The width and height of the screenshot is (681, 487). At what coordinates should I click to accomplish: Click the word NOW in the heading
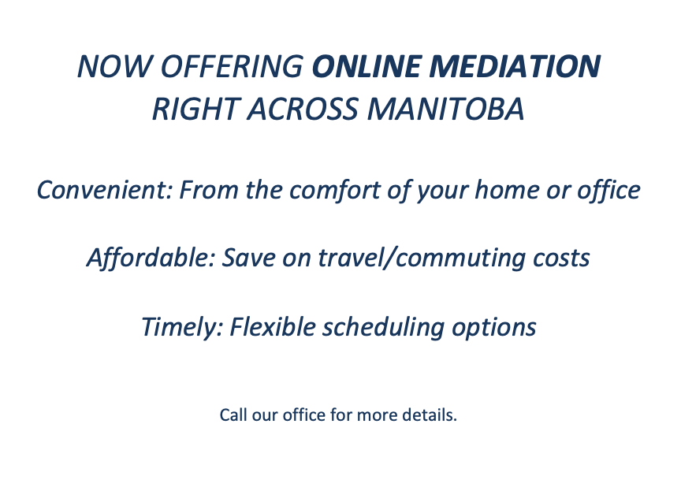tap(114, 66)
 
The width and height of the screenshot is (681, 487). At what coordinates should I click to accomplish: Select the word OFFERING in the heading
tap(232, 66)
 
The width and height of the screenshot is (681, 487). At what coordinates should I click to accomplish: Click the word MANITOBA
tap(446, 109)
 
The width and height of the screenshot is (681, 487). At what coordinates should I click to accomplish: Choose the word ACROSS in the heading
tap(303, 109)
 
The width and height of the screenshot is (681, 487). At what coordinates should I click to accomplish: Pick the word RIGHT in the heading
tap(196, 109)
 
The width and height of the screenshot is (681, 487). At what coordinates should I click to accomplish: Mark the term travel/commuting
tap(421, 258)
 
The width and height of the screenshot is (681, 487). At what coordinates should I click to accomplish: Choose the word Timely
tap(182, 327)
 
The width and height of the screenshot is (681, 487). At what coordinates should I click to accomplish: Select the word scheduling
tap(383, 327)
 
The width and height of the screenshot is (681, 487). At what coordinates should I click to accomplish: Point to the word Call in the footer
tap(233, 415)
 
